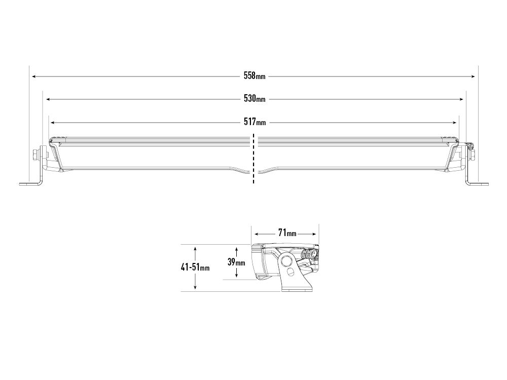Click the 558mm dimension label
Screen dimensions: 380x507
(x=254, y=76)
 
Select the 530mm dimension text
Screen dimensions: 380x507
(x=254, y=99)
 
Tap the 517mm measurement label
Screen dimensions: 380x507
(x=254, y=122)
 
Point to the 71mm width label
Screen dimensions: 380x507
(x=287, y=234)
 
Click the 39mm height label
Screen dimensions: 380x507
(x=236, y=262)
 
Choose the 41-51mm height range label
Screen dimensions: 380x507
(x=195, y=268)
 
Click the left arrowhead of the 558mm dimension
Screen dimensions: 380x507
(x=33, y=77)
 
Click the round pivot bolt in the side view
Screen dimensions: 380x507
(x=287, y=261)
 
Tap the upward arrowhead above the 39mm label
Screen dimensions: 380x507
(x=236, y=249)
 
